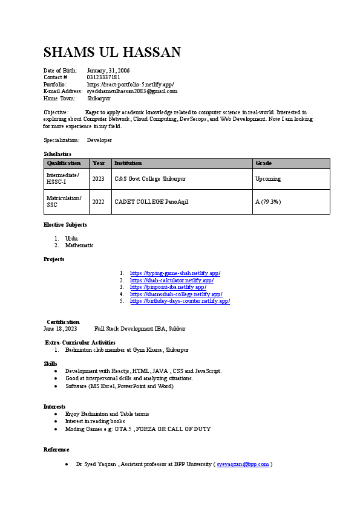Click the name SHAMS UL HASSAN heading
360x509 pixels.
pos(112,52)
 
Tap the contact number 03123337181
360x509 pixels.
pos(103,77)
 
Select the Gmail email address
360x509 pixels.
pos(132,91)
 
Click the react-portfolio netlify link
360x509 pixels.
pos(131,84)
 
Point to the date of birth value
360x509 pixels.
pos(108,71)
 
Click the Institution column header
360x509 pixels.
pos(128,163)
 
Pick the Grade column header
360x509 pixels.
pos(264,163)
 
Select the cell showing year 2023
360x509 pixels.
pos(99,179)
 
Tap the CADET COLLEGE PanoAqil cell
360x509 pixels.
pos(151,201)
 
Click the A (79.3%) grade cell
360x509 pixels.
pos(268,201)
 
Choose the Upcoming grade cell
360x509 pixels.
pos(268,179)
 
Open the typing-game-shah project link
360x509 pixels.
pos(175,273)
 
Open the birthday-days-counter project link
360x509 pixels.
pos(180,300)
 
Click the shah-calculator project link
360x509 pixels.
pos(172,280)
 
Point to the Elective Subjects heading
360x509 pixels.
pos(65,225)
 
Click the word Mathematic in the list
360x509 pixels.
pos(79,245)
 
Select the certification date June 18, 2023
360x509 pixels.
pos(61,329)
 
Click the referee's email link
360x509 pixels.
pos(243,464)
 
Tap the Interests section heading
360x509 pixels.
pos(54,406)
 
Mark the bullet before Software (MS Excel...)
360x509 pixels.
pos(56,386)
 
